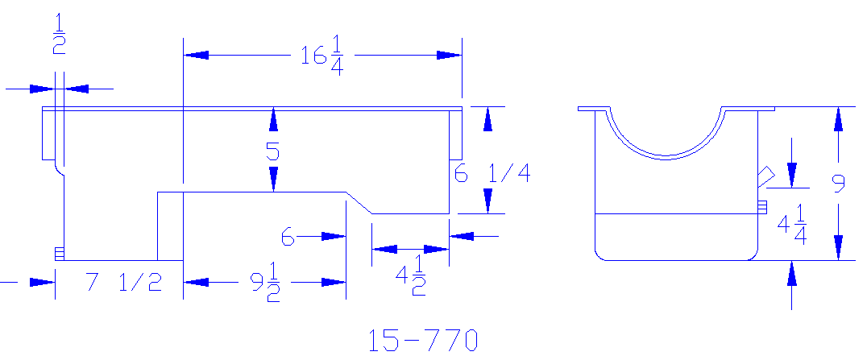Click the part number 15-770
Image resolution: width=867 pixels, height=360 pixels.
423,341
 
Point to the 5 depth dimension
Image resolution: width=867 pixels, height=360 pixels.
274,151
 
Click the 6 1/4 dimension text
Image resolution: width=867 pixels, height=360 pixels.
492,173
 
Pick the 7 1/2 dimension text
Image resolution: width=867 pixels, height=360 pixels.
123,283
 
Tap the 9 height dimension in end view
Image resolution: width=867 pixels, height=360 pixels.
839,185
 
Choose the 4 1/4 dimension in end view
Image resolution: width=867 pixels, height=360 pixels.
792,225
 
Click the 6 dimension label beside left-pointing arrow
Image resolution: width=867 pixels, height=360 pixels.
287,237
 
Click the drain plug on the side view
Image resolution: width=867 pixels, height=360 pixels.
59,254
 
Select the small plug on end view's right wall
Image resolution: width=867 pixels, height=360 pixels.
761,208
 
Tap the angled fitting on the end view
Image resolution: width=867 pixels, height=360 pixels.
765,176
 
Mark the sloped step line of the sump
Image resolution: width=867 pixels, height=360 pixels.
359,203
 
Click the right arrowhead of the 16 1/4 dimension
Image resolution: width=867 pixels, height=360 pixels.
450,55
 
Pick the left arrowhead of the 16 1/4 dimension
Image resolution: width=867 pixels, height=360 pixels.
197,55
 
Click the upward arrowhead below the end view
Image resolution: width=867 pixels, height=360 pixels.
793,274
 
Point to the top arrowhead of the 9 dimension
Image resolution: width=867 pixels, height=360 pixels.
839,118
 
